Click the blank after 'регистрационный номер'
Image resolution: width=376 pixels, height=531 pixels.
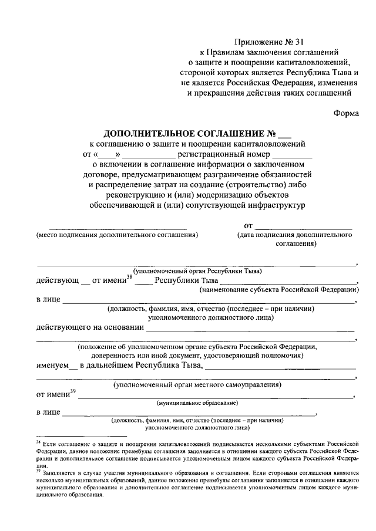291,154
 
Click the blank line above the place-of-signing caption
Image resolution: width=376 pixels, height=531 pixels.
117,227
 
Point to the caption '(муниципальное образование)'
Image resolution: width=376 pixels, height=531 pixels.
197,404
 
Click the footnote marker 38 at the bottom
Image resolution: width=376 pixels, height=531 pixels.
37,442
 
